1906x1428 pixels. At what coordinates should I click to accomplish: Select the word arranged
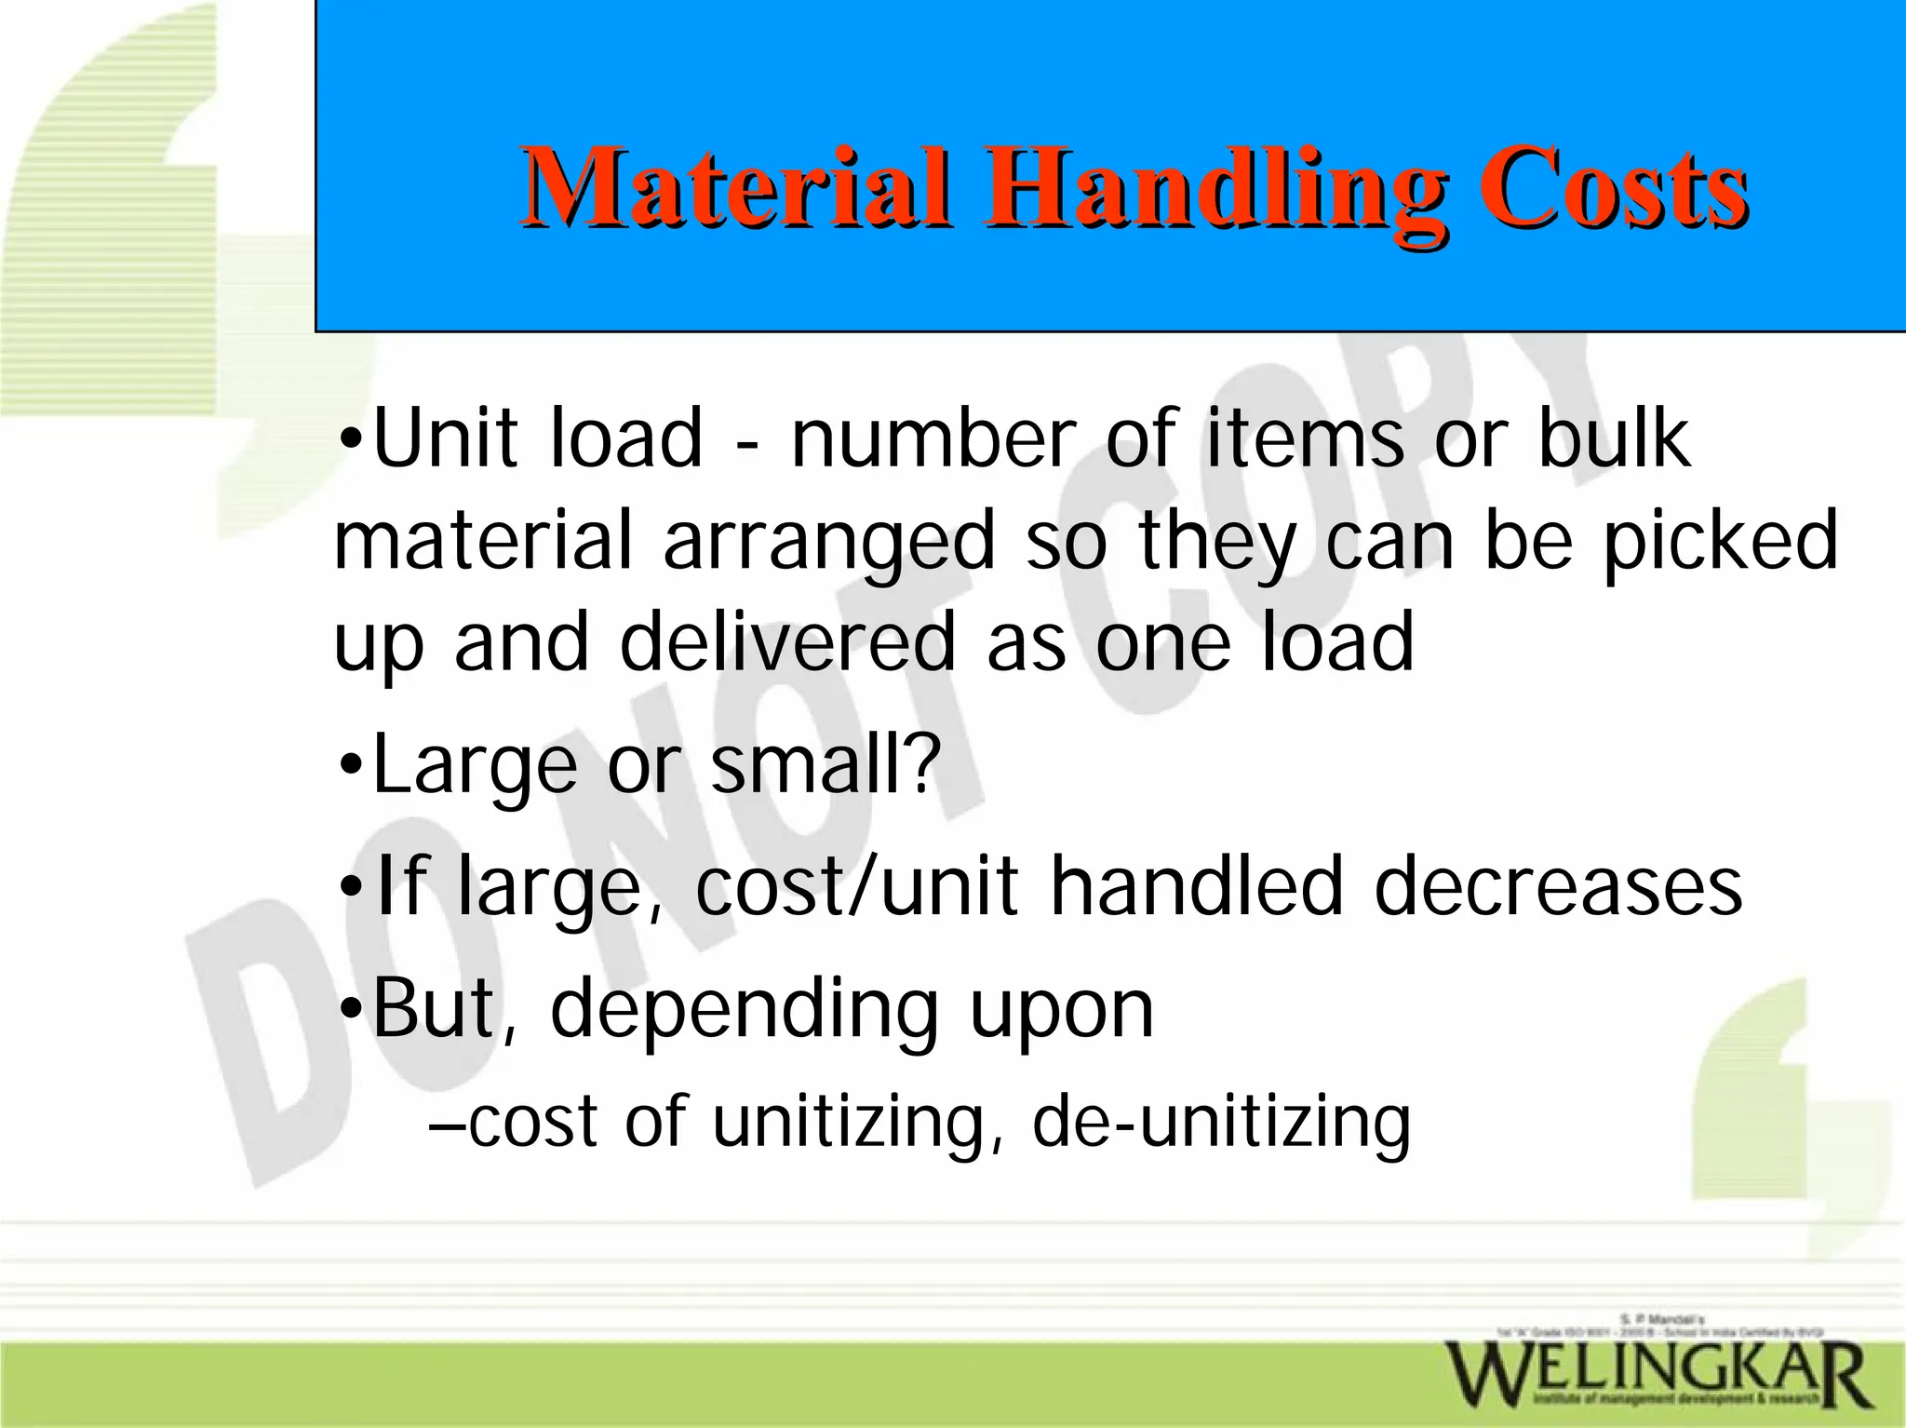pos(829,543)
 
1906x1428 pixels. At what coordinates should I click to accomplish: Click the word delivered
pos(787,641)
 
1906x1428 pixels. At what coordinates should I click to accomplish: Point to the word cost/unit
pos(857,886)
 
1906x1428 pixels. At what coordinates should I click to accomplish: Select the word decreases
pos(1558,886)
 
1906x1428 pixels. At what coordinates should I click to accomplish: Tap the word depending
pos(745,1010)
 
